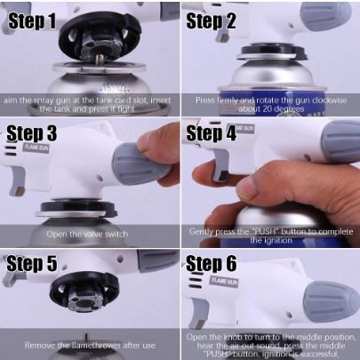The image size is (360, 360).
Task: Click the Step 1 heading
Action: [x=32, y=20]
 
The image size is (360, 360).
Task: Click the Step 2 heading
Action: [x=211, y=20]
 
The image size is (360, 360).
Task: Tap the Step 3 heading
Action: [x=31, y=133]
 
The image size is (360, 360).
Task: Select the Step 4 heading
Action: [x=211, y=133]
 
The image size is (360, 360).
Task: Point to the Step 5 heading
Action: [x=31, y=263]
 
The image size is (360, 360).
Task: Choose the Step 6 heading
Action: [x=212, y=263]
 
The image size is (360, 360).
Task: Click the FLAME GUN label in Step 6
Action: [x=224, y=281]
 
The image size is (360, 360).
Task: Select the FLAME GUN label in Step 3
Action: [x=36, y=148]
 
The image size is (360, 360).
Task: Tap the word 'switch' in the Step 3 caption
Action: [x=116, y=234]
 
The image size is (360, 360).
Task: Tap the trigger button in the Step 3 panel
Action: [x=18, y=180]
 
